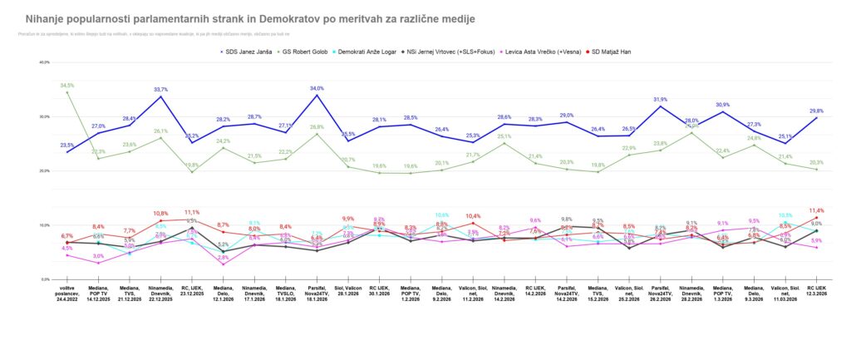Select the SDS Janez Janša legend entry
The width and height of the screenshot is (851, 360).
(250, 52)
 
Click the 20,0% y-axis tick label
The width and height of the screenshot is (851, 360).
(46, 171)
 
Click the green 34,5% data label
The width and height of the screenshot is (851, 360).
(67, 85)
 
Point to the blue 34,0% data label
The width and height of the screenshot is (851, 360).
(317, 88)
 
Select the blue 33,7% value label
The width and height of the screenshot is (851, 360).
(161, 90)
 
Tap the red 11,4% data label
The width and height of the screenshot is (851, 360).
(817, 210)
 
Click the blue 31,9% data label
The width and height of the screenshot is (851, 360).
(661, 100)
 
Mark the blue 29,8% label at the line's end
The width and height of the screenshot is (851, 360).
(817, 111)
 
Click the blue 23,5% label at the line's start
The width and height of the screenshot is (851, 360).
(67, 145)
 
